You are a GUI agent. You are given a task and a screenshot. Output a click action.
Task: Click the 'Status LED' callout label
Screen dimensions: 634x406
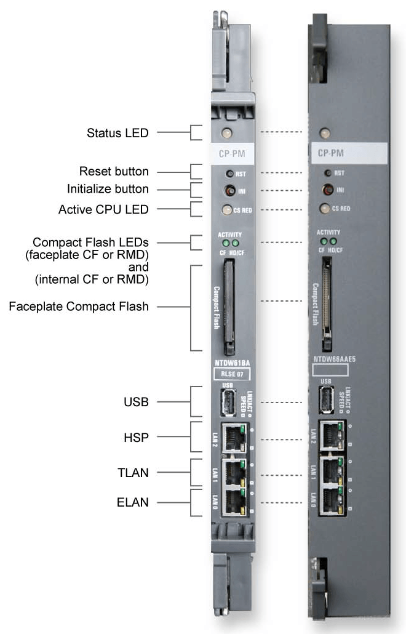(117, 132)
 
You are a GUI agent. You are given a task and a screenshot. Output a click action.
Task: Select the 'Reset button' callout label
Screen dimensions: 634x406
(114, 171)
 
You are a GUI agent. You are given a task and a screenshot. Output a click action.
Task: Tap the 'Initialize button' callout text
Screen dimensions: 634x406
(109, 189)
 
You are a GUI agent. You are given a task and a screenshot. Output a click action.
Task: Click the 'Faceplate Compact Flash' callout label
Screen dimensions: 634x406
(79, 306)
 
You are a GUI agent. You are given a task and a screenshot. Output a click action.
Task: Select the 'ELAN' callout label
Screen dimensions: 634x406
(133, 503)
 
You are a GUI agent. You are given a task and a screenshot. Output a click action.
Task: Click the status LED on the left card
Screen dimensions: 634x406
(226, 132)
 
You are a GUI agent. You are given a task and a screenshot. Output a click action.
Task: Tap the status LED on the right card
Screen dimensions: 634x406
(325, 133)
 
